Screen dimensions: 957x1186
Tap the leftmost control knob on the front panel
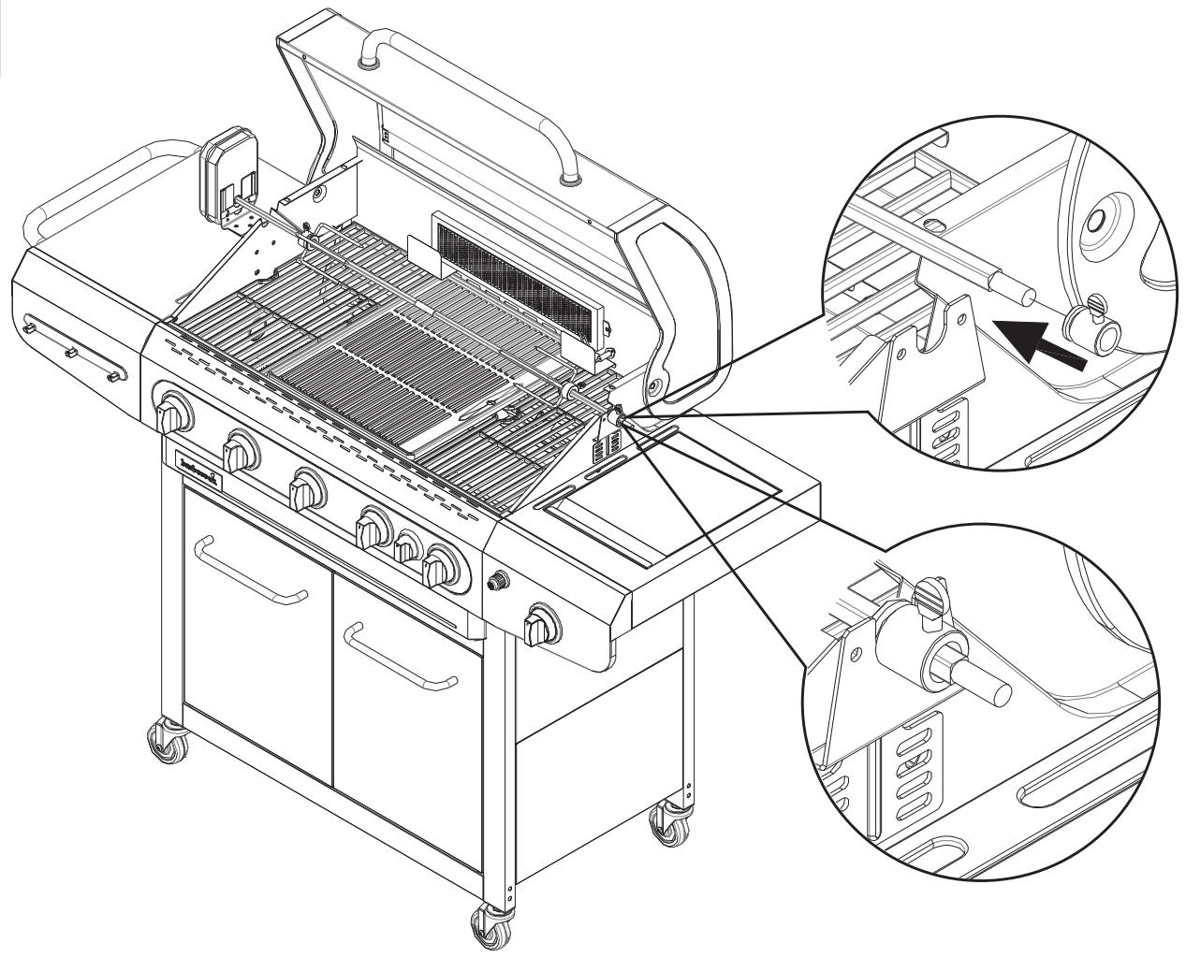[175, 414]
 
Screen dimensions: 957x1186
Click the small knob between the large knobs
[405, 546]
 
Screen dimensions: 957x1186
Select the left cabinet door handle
[254, 572]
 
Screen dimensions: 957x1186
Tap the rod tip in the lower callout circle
[995, 692]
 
